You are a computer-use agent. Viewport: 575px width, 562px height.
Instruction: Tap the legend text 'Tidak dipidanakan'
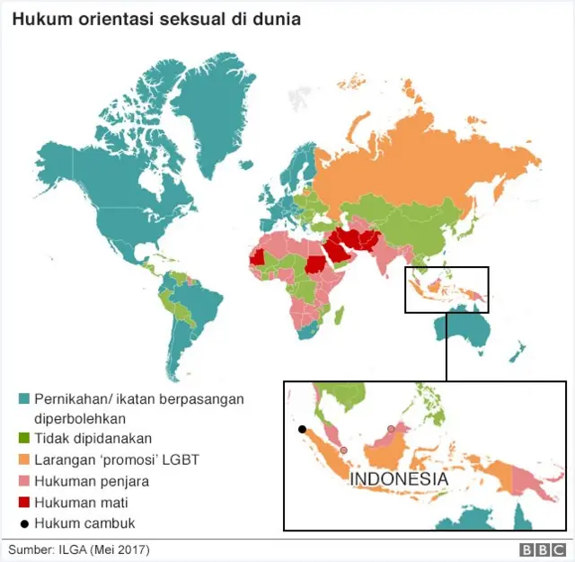pyautogui.click(x=87, y=438)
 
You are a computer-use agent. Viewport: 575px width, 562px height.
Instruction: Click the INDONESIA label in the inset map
pyautogui.click(x=398, y=479)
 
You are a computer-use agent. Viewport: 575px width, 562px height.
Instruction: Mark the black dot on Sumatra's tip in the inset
pyautogui.click(x=303, y=429)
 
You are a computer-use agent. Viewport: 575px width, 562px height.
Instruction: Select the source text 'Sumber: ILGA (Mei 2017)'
pyautogui.click(x=79, y=549)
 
